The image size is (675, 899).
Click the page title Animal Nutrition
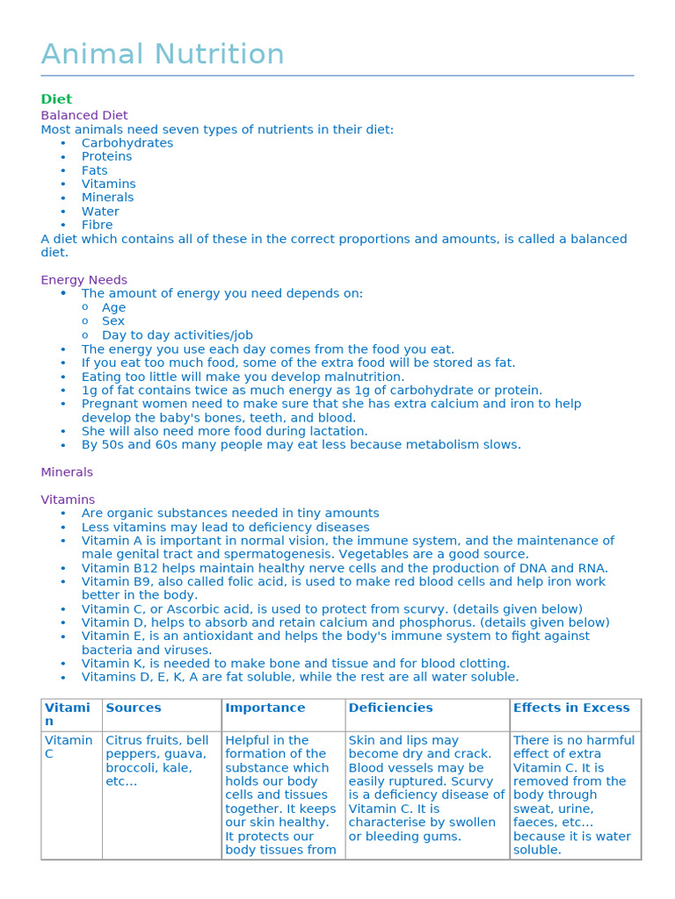point(163,54)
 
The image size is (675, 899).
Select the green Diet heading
point(56,99)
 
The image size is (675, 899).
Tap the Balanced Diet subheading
point(84,115)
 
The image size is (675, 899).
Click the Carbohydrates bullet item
point(127,143)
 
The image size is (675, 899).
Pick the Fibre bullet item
point(97,225)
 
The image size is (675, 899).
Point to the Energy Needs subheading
point(84,280)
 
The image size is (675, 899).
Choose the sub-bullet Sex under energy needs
point(113,321)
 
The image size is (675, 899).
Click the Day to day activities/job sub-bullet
point(177,335)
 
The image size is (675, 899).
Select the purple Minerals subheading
point(67,472)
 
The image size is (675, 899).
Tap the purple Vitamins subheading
point(68,500)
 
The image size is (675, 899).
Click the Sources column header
point(134,708)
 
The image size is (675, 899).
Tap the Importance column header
point(265,708)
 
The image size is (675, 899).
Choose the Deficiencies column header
point(390,708)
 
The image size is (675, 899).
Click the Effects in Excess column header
point(571,708)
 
